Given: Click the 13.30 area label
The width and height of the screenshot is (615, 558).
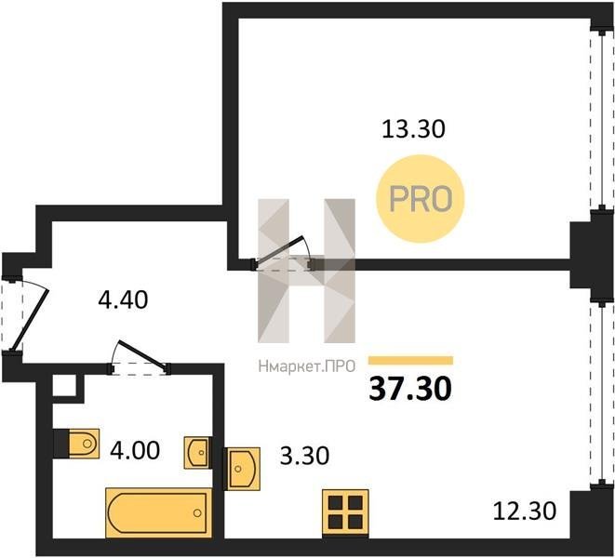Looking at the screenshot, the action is coord(413,129).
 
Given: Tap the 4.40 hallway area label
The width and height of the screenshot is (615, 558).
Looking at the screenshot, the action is coord(123,300).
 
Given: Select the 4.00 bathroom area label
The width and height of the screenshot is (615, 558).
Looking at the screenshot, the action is coord(135,450).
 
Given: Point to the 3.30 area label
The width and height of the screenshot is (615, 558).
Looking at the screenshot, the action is coord(304,456).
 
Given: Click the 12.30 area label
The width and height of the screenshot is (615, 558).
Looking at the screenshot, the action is coord(525,511).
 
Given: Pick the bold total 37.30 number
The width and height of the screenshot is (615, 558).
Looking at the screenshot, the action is coord(410,389).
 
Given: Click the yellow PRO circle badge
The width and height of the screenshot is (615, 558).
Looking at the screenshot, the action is coord(421,199).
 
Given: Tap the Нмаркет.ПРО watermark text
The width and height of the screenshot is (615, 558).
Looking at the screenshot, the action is coord(307,366).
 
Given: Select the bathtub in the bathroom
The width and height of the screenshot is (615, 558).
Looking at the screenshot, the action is coord(159,512).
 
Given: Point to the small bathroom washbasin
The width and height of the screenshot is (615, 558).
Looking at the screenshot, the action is coord(198,453).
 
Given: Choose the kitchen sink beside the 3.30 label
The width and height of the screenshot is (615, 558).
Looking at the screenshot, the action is coord(242,469).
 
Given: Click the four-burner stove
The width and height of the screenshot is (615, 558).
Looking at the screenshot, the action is coord(345,513).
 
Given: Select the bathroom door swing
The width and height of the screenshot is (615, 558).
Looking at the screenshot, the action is coord(140,356).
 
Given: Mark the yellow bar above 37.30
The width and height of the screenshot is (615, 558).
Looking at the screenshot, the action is coord(410,360).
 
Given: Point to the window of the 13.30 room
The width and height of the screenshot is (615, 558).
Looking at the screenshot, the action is coord(601,120).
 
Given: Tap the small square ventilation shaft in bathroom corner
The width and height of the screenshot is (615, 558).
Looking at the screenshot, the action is coord(64,385).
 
